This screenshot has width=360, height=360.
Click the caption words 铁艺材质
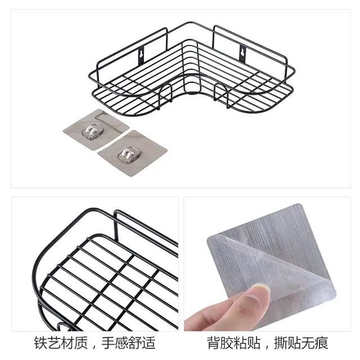point(56,343)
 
